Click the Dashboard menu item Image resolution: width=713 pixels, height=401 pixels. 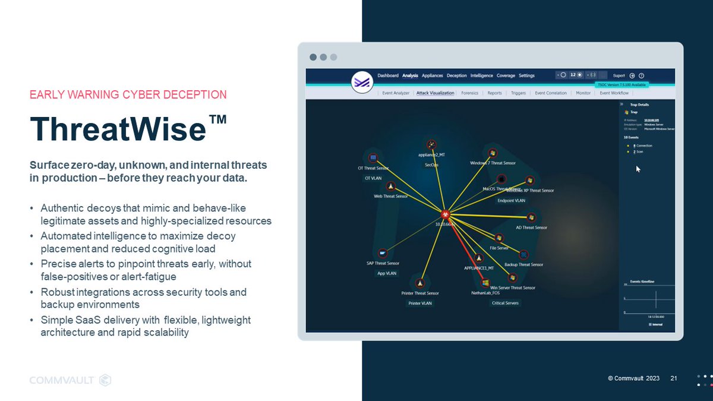[x=388, y=75]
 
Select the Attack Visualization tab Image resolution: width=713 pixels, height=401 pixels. [x=436, y=93]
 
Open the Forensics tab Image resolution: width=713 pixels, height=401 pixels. [x=469, y=93]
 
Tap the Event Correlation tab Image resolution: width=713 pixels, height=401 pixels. [x=551, y=93]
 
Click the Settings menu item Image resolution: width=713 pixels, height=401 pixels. [x=526, y=75]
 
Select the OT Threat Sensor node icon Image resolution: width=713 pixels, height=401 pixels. [x=373, y=158]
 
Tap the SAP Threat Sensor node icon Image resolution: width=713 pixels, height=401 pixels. [x=383, y=252]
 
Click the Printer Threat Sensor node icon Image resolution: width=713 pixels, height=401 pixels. [x=421, y=283]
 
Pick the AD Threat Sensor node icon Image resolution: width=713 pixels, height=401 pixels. [x=531, y=218]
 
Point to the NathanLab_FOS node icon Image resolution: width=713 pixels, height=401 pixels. [x=485, y=283]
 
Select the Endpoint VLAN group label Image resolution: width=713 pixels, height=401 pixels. [x=510, y=201]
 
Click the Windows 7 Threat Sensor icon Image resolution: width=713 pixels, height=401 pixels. [x=492, y=152]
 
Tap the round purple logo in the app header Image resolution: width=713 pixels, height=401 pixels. [x=361, y=82]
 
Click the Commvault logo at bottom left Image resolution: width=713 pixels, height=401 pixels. [x=70, y=380]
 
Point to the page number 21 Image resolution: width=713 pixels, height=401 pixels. [x=674, y=378]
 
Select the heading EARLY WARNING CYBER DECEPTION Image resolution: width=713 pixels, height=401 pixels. [x=128, y=94]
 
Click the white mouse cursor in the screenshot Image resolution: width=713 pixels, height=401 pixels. [x=638, y=169]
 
